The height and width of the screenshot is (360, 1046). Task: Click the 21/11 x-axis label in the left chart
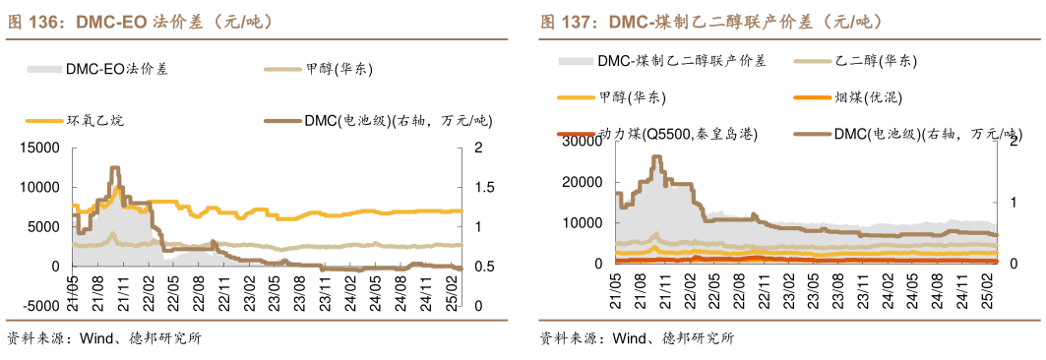pyautogui.click(x=124, y=292)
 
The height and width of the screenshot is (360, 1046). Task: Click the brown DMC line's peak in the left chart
pyautogui.click(x=114, y=168)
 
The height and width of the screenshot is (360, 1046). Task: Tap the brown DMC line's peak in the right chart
pyautogui.click(x=656, y=156)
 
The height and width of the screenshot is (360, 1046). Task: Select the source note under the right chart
pyautogui.click(x=637, y=339)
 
